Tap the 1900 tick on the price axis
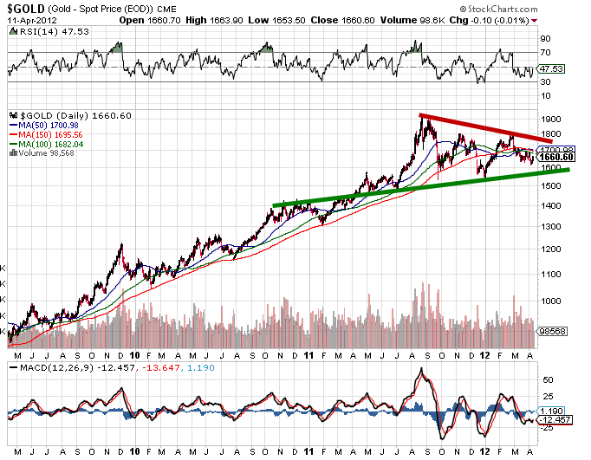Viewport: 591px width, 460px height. click(x=550, y=120)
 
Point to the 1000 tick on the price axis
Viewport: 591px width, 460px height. click(x=550, y=301)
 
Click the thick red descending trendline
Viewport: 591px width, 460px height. click(x=485, y=127)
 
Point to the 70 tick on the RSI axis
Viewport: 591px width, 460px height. click(x=545, y=53)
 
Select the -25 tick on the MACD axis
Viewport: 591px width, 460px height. click(x=547, y=427)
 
